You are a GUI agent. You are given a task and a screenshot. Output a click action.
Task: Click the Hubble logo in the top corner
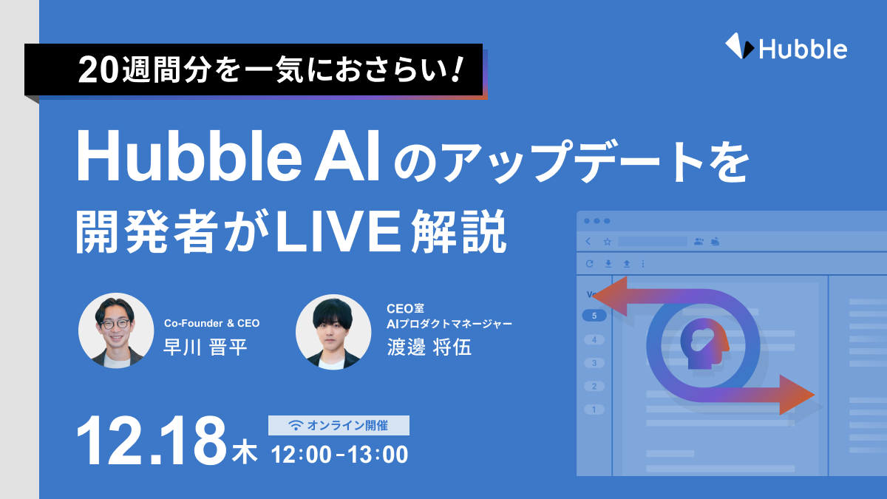coord(786,47)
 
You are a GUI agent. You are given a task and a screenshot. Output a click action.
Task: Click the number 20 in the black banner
coord(98,70)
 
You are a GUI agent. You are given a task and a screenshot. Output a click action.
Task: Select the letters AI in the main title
coord(347,156)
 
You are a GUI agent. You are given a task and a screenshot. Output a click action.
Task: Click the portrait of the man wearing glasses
coord(116,330)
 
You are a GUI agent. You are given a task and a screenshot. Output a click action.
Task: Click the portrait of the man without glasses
coord(333,332)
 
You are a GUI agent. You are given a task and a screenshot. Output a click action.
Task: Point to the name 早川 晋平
coord(205,347)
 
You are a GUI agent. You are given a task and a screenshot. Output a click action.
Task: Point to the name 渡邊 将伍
coord(429,347)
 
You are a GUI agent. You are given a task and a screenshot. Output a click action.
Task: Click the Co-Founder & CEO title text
coord(212,323)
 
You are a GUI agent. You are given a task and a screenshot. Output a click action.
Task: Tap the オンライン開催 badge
coord(339,425)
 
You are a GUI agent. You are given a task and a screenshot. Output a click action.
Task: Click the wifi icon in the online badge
coord(296,425)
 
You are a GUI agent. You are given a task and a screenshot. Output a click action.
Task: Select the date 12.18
coord(152,441)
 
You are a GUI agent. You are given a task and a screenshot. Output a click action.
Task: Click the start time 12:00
coord(302,454)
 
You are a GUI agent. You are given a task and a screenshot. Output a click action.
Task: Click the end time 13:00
coord(378,454)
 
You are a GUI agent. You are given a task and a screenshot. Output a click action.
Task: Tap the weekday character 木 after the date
coord(245,453)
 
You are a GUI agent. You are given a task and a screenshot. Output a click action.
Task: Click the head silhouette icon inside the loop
coord(704,343)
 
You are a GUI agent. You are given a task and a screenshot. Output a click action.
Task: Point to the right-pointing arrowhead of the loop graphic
coord(797,395)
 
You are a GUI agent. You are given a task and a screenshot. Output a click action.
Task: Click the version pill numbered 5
coord(594,316)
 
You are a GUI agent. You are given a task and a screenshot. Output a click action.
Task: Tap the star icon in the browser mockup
coord(607,242)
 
